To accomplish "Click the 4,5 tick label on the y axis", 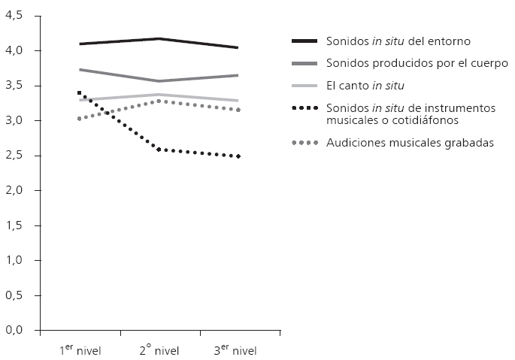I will [15, 16].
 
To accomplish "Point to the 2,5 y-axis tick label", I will [15, 156].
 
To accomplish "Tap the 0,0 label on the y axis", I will [15, 330].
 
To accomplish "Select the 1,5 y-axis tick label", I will [15, 225].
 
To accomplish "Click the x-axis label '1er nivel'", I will [80, 349].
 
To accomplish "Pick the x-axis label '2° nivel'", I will [159, 349].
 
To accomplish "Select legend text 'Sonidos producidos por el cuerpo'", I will [417, 63].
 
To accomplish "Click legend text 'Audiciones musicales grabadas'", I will [410, 143].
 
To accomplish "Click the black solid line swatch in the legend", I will [305, 40].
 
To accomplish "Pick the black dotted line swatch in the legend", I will [305, 109].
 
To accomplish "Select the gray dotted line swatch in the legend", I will [305, 143].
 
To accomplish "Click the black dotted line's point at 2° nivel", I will [159, 150].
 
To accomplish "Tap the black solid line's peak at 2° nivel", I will [159, 38].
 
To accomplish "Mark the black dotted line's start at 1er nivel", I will [79, 93].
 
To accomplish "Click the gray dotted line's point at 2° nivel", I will [159, 101].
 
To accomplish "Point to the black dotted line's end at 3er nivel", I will [238, 156].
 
